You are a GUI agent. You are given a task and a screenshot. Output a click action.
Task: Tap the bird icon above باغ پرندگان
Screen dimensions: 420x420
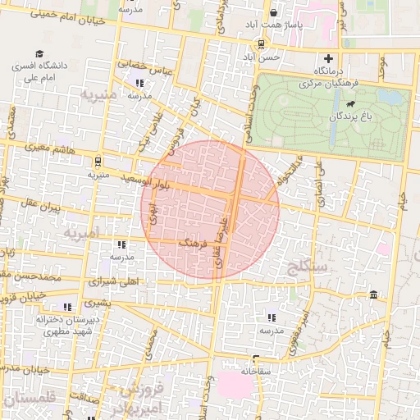point(351,104)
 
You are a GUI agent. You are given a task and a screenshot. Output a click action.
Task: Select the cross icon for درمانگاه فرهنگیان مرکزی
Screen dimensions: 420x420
point(329,58)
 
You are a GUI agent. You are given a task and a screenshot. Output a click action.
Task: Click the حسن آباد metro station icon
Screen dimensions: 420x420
point(261,44)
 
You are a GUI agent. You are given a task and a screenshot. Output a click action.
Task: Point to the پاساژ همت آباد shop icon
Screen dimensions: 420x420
point(275,12)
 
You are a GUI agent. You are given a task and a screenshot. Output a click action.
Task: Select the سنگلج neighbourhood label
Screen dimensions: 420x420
point(308,266)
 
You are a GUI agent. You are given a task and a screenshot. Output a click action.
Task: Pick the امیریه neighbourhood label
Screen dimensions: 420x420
point(81,235)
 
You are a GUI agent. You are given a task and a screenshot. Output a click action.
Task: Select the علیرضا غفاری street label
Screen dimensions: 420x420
point(219,234)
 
